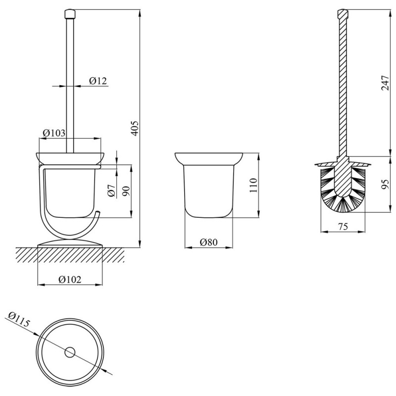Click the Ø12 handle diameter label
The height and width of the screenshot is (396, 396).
point(98,81)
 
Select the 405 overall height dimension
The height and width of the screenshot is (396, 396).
point(135,128)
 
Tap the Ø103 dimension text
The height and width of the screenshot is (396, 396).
point(54,133)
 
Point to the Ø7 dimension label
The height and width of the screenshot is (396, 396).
point(111,191)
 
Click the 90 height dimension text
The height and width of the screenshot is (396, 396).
point(126,191)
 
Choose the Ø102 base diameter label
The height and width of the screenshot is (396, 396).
point(70,279)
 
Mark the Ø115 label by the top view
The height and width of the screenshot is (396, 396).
point(19,319)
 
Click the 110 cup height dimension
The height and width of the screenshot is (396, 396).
point(253,185)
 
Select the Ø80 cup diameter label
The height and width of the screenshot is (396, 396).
point(208,242)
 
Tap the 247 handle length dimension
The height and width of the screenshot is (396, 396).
point(386,83)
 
